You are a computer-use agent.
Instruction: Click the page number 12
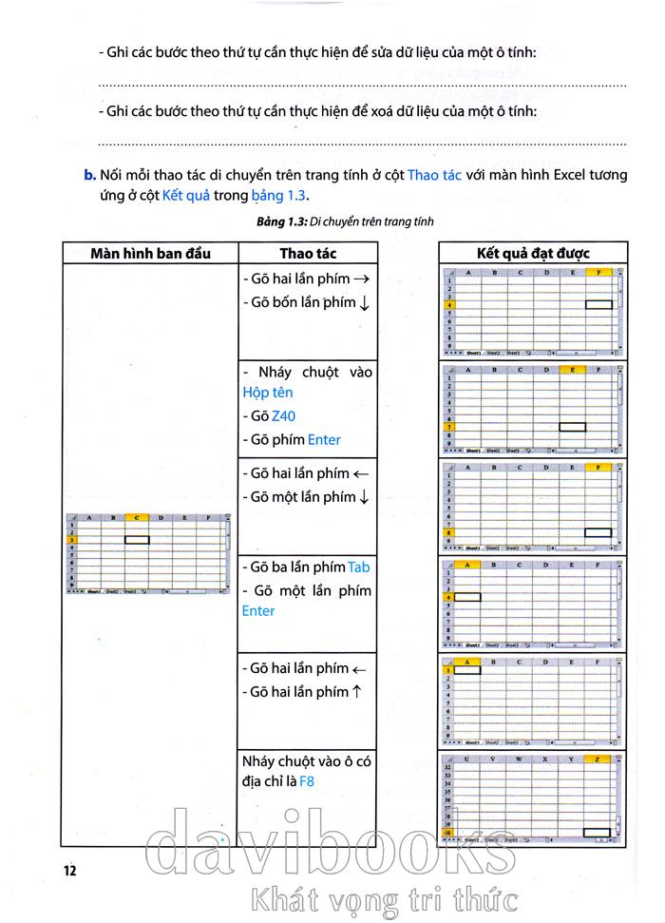point(69,869)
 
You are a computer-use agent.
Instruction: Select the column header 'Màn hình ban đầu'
point(150,253)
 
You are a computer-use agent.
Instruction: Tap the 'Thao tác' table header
point(308,253)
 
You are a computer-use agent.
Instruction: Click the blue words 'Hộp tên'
point(268,393)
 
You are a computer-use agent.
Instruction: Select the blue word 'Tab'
point(359,567)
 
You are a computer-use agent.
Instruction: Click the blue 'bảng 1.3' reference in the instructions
point(276,196)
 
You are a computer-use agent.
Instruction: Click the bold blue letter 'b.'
point(91,176)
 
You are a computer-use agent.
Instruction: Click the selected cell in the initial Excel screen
point(138,539)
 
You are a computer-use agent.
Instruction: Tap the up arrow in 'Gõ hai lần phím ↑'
point(356,692)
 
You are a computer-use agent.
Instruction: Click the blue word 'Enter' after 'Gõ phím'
point(324,440)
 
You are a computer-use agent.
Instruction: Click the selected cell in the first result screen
point(598,304)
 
